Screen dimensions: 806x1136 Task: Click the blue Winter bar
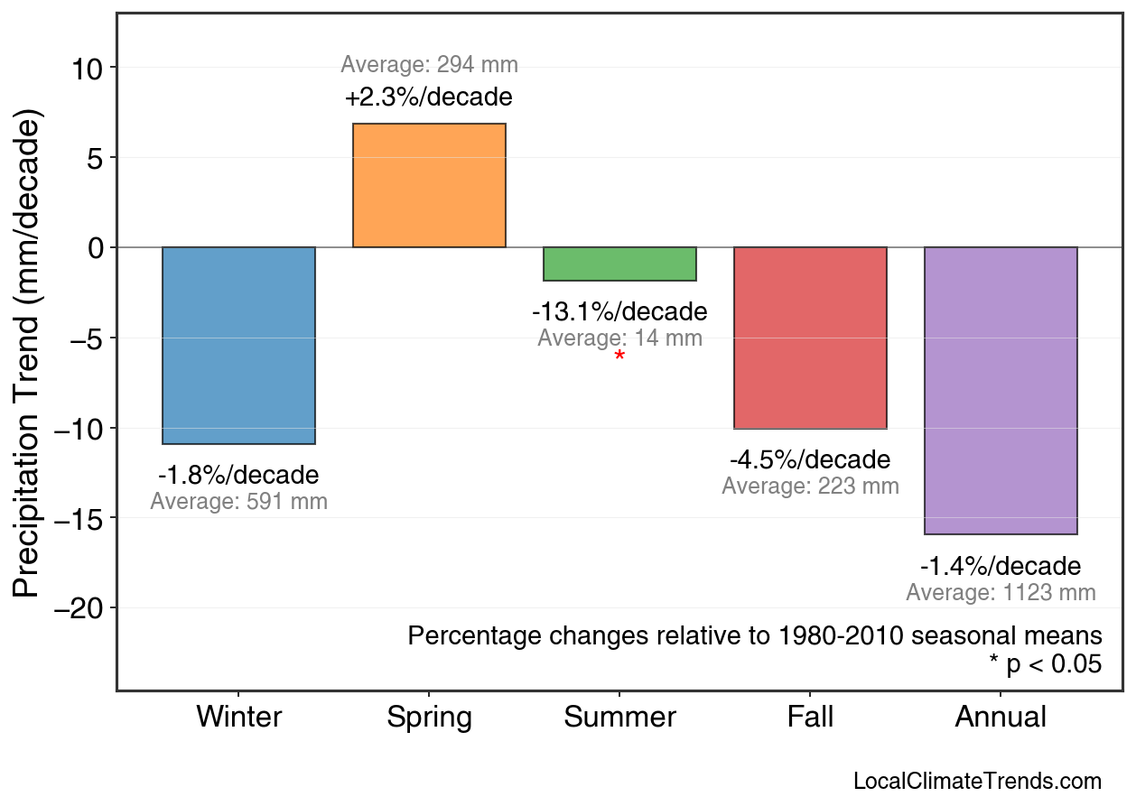pos(238,346)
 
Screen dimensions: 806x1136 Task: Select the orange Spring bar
pos(429,185)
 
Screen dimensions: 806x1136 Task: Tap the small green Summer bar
pos(619,264)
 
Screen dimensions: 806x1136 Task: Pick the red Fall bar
pos(810,338)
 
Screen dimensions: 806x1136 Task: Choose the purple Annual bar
pos(1001,391)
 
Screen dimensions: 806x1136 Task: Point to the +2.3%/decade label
pos(429,97)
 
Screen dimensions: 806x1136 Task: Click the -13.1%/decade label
pos(619,312)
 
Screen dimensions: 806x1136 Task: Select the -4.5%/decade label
pos(810,459)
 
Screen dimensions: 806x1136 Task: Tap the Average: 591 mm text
pos(238,502)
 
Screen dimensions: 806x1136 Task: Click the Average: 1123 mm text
pos(1001,593)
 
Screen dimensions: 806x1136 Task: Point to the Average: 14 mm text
pos(619,338)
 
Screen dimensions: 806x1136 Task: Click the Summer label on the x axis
pos(619,718)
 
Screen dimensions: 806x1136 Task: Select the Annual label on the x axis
pos(1001,718)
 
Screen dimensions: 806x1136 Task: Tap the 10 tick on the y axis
pos(88,68)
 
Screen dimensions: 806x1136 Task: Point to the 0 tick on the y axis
pos(97,247)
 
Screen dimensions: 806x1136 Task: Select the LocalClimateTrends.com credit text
pos(977,782)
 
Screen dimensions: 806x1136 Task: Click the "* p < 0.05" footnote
pos(1045,664)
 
